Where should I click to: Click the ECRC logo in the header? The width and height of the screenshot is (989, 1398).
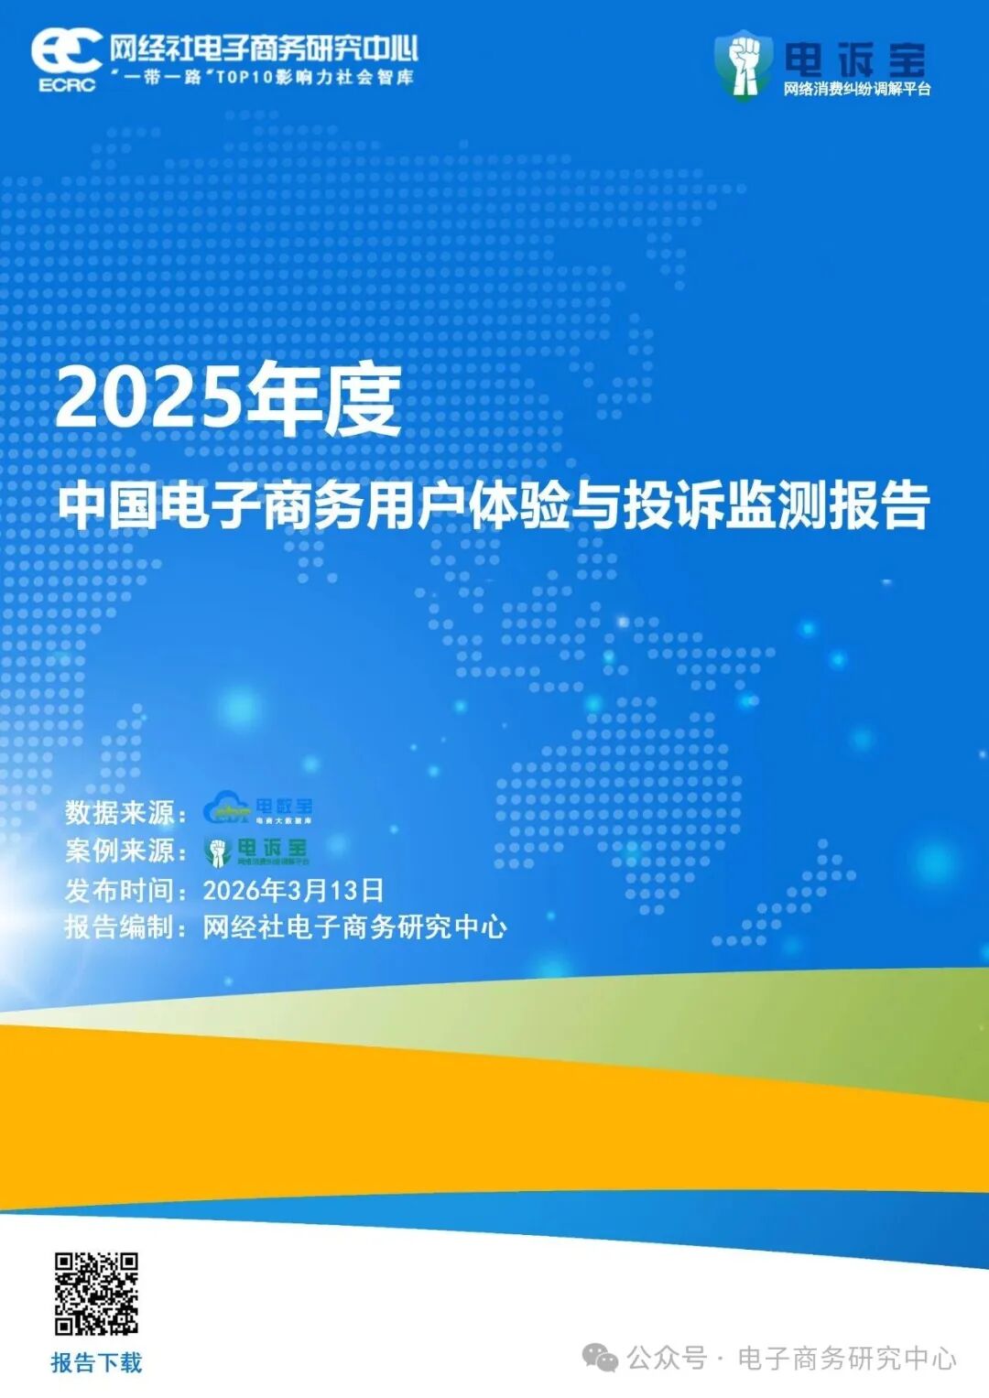pos(66,59)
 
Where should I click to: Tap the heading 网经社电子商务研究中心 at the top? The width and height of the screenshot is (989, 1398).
pos(263,49)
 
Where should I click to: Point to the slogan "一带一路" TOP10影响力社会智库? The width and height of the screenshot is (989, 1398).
pos(263,77)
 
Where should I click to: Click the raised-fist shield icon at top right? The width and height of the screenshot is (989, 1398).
pos(743,63)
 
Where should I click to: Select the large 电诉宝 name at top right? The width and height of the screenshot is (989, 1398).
pos(854,60)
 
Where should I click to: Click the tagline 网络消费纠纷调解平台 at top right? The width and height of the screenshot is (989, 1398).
pos(856,90)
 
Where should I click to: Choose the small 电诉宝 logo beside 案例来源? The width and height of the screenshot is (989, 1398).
pos(256,851)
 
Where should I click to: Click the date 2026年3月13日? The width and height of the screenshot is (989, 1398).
pos(293,890)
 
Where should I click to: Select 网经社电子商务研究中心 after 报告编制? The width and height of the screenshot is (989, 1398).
pos(354,927)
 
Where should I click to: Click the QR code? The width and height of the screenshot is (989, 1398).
pos(96,1294)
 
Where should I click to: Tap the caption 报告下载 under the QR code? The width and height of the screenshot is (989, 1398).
pos(96,1363)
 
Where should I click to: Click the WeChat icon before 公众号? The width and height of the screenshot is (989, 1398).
pos(601,1358)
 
